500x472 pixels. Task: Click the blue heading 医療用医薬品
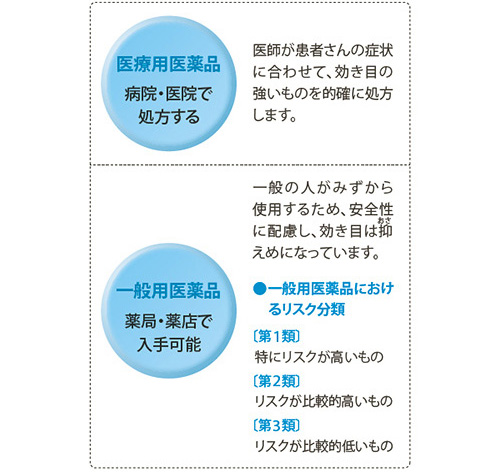tap(168, 64)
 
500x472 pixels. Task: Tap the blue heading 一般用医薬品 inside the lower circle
tap(168, 291)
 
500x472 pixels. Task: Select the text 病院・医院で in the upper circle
tap(168, 94)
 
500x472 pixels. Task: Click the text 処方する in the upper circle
tap(169, 117)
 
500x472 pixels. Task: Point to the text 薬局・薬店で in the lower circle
tap(168, 321)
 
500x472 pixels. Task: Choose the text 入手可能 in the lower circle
tap(169, 344)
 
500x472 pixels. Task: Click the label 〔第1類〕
tap(277, 336)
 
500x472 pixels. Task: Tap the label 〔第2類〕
tap(277, 381)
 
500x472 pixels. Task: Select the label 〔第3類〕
tap(277, 425)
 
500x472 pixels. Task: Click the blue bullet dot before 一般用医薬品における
tap(259, 289)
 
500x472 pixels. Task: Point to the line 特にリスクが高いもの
tap(319, 357)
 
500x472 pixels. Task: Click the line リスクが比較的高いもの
tap(323, 401)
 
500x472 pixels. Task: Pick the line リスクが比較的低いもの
tap(323, 446)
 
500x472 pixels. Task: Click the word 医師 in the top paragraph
tap(267, 51)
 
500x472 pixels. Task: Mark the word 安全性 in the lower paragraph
tap(371, 209)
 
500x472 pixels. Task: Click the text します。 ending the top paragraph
tap(275, 115)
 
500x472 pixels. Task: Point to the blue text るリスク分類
tap(307, 309)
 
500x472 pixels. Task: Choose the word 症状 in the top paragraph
tap(379, 51)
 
